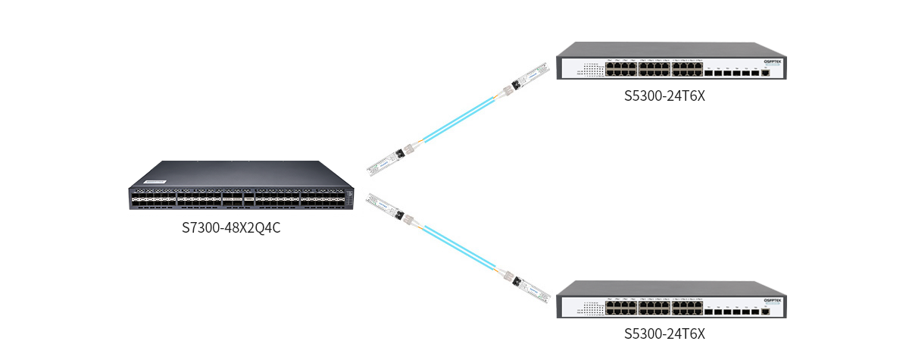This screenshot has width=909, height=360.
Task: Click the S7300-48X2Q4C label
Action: click(231, 227)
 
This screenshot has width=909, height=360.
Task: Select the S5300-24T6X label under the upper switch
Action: click(664, 96)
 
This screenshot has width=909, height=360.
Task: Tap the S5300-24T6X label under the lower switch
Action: click(664, 333)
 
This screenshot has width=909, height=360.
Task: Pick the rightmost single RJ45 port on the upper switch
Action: click(766, 73)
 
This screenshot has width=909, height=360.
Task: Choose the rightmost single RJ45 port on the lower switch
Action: click(766, 311)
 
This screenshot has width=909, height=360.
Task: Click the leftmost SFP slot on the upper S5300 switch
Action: click(708, 73)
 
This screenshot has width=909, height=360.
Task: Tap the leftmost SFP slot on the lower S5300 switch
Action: click(708, 311)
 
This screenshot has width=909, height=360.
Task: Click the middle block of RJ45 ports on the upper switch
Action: click(654, 69)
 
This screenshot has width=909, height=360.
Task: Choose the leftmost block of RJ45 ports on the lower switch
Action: click(621, 307)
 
